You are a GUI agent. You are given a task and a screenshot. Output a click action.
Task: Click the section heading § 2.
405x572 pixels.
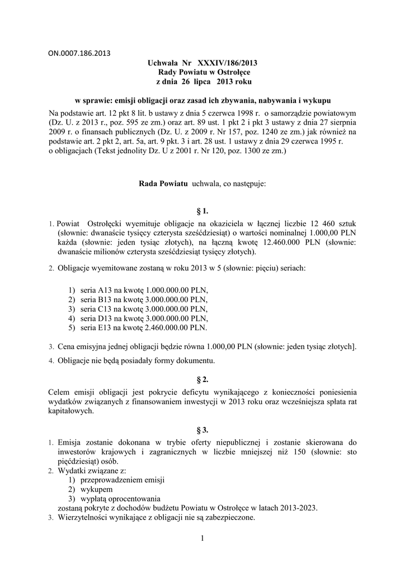(202, 379)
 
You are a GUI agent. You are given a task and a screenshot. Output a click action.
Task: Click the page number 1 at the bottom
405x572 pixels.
(202, 538)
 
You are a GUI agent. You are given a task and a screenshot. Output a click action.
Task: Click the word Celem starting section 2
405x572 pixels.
(60, 393)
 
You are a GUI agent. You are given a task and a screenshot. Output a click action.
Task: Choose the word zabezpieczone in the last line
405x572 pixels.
(228, 517)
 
